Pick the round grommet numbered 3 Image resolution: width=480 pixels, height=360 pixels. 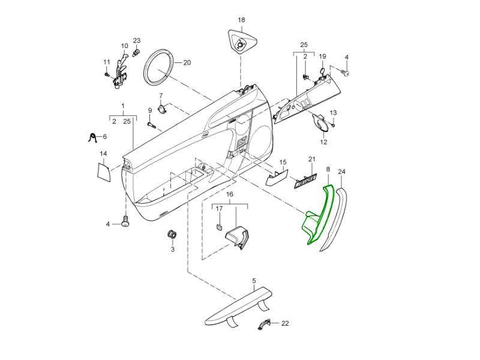tap(172, 233)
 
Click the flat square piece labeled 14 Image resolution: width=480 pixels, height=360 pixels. tap(105, 170)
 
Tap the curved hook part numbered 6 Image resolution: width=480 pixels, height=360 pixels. tap(92, 138)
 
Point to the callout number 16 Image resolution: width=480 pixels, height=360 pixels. tap(229, 195)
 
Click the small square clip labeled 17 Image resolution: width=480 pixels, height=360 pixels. tap(220, 227)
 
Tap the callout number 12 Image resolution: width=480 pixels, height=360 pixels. tap(323, 142)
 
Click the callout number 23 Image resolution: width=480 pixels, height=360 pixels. tap(136, 41)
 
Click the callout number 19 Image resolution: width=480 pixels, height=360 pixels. tap(322, 56)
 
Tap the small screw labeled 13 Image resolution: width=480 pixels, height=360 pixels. tap(331, 125)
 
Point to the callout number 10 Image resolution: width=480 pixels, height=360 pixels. tap(125, 46)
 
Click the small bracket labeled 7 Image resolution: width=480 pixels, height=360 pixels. tap(161, 109)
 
